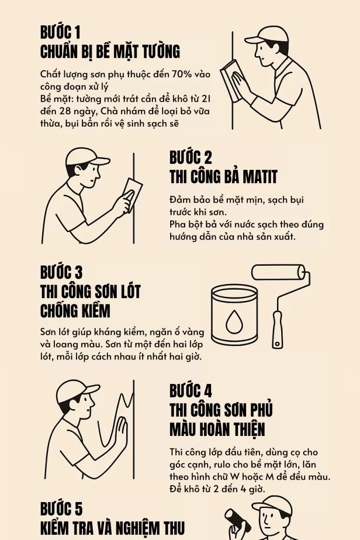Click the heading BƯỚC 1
[60, 32]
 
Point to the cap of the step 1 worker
[265, 35]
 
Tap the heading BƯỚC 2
[191, 157]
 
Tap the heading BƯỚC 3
[61, 272]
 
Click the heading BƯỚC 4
[191, 390]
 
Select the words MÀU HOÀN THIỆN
[217, 429]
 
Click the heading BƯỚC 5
[61, 509]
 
